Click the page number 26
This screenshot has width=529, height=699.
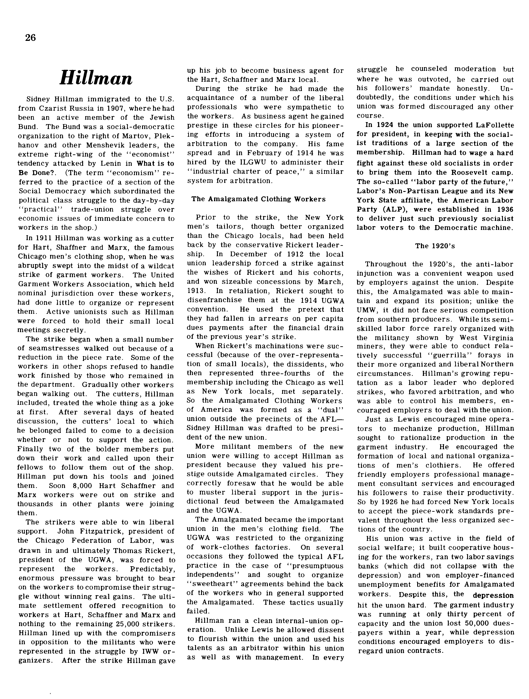pos(31,38)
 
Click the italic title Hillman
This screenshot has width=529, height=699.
pos(96,78)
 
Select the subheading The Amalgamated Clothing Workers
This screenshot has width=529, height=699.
pos(258,199)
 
